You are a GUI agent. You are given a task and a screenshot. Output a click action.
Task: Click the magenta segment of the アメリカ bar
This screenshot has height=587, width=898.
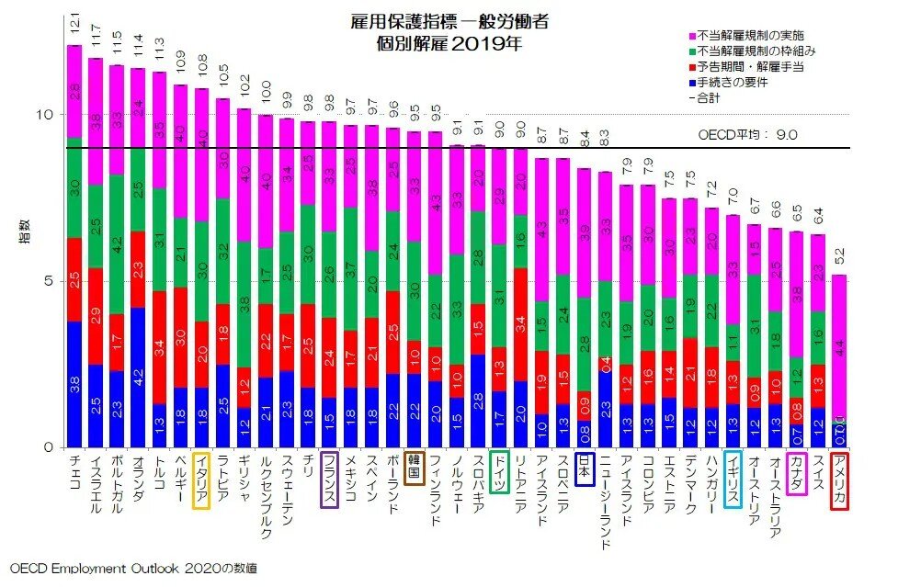[x=838, y=345]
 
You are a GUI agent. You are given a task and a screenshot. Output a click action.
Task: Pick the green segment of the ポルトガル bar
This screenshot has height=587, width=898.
[x=117, y=244]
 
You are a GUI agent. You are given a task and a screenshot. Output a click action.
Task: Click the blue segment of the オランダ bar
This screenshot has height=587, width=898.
[x=138, y=377]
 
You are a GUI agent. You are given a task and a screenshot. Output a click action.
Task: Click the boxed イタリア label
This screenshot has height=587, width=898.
[x=201, y=480]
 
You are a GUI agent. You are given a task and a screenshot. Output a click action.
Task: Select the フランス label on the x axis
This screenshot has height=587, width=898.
[x=329, y=480]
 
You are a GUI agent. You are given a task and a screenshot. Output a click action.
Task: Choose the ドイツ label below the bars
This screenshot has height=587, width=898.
[x=499, y=473]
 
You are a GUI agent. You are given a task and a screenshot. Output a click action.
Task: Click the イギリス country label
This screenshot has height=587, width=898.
[x=733, y=480]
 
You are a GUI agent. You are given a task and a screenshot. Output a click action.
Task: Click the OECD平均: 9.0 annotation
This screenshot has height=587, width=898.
[x=748, y=134]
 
